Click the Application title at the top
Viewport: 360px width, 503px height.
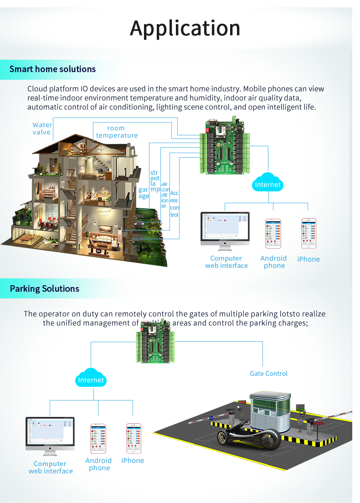[185, 28]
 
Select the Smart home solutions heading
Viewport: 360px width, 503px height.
[52, 69]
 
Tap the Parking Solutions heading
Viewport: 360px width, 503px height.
[45, 289]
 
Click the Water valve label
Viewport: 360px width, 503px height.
[42, 128]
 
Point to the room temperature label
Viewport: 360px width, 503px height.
[117, 132]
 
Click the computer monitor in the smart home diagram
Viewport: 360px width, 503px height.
[225, 230]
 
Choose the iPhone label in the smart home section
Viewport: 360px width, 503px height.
[309, 259]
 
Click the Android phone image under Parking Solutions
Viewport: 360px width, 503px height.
[98, 438]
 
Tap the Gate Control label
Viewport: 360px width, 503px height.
[269, 374]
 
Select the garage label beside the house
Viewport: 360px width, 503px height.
[144, 193]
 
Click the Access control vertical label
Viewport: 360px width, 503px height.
[174, 204]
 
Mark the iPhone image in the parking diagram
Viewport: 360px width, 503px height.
[134, 438]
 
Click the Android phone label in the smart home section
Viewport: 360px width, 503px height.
[273, 262]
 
